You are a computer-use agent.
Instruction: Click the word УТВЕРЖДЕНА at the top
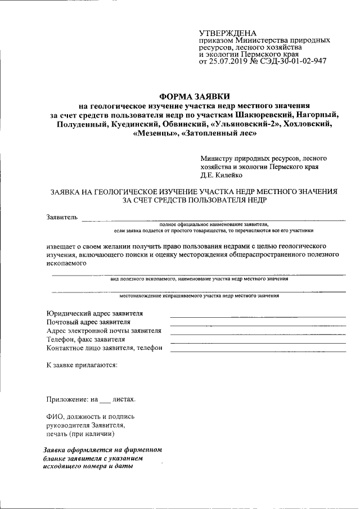[x=227, y=34]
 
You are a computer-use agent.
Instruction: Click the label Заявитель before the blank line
[x=61, y=217]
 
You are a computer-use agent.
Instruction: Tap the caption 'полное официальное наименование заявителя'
[x=213, y=224]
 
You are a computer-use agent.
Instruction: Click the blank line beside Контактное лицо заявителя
[x=258, y=351]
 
